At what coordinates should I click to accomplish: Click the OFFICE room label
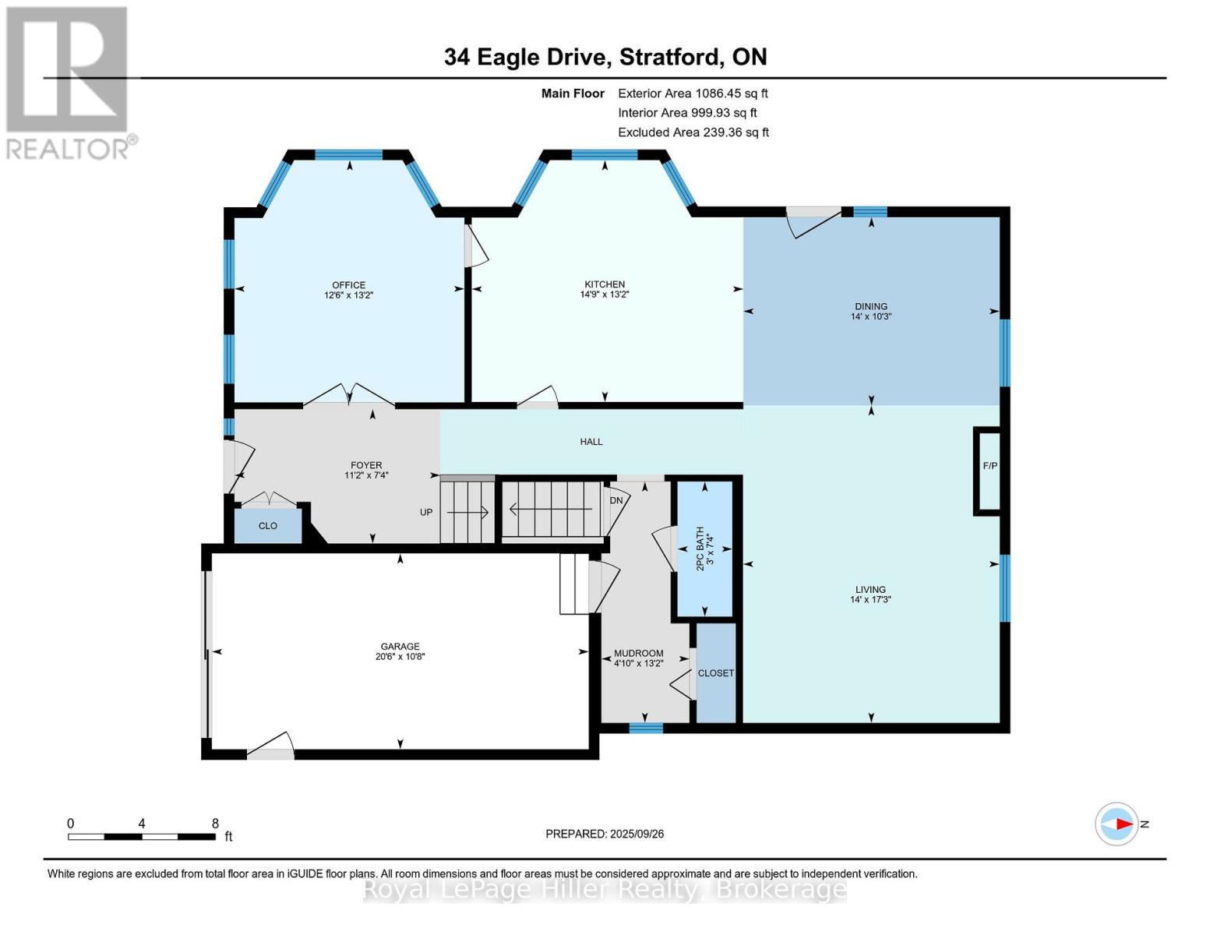point(348,285)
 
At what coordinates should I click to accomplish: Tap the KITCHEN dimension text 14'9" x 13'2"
point(605,295)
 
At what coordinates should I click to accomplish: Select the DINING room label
point(870,306)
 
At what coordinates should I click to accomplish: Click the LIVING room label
point(870,590)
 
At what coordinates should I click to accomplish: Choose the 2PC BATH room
point(704,549)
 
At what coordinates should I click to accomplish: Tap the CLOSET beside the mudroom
point(715,673)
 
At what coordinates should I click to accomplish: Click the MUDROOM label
point(638,654)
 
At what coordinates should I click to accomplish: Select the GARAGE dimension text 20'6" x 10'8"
point(400,657)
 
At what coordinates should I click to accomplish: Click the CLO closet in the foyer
point(268,526)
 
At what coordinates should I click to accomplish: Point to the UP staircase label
point(426,512)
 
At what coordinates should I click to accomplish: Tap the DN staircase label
point(616,500)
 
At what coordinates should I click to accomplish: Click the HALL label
point(591,442)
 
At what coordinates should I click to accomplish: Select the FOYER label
point(366,465)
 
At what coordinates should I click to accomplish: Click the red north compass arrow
point(1122,824)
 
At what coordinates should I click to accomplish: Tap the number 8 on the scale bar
point(215,824)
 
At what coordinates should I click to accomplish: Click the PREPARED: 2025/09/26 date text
point(605,834)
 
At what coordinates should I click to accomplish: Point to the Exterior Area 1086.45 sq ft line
point(693,93)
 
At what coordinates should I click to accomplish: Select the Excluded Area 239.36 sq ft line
point(693,132)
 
